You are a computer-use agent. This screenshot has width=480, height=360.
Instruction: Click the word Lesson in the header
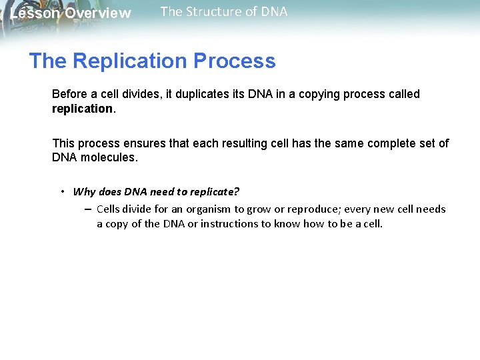[x=36, y=13]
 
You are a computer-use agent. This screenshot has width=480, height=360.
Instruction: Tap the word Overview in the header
[x=98, y=13]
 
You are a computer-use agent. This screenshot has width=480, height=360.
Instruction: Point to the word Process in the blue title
[x=234, y=61]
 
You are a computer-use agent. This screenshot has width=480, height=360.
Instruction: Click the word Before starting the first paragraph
[x=69, y=94]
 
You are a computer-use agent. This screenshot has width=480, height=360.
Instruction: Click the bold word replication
[x=83, y=108]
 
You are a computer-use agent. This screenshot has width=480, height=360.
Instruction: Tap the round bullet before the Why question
[x=62, y=191]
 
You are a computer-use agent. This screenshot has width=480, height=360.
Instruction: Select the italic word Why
[x=84, y=192]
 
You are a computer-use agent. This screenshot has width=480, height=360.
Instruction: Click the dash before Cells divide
[x=88, y=209]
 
